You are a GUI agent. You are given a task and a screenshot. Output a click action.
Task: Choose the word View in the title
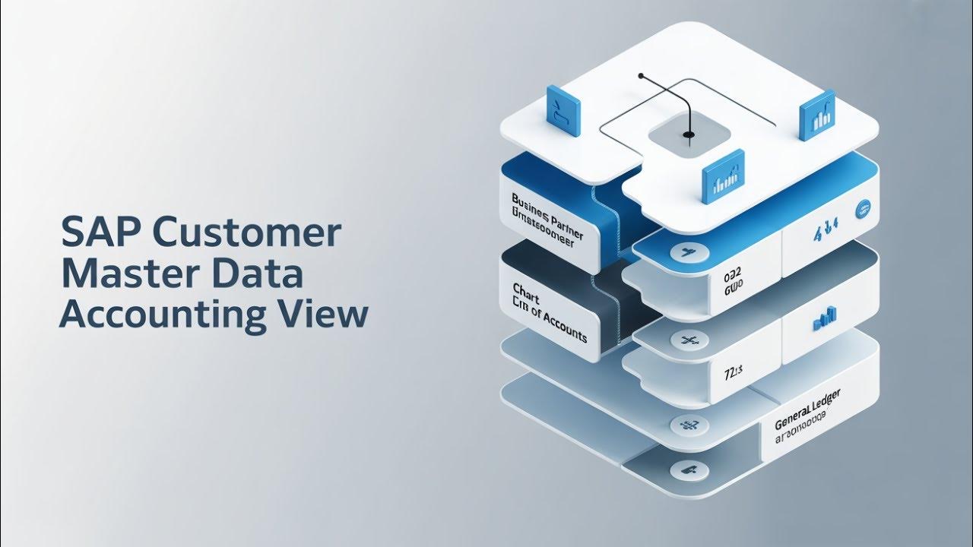point(322,315)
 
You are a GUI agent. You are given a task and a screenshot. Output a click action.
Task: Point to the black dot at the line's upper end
point(642,76)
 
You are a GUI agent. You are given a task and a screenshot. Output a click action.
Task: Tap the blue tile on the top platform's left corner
point(563,111)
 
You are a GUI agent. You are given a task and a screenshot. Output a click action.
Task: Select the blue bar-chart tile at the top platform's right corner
point(817,115)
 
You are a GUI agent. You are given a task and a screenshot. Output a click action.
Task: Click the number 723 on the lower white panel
point(732,372)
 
